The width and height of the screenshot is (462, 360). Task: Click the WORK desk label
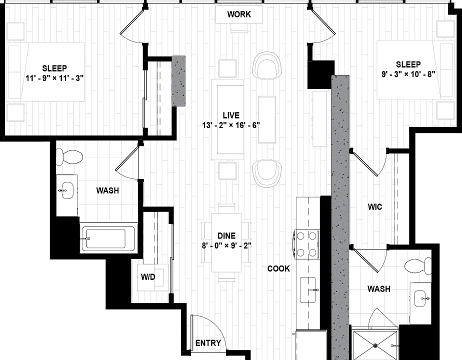coord(239,14)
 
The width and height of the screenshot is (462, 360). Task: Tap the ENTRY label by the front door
coord(208,343)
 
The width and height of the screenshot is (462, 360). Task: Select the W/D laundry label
coord(148,277)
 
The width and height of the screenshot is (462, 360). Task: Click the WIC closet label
coord(375,207)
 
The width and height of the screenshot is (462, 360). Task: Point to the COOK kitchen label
coord(278,268)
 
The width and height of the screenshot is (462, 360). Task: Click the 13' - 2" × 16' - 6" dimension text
coord(231,125)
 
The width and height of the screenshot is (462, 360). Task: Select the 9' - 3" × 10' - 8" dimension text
coord(408,74)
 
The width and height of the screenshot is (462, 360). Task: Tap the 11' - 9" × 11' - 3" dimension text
coord(54,78)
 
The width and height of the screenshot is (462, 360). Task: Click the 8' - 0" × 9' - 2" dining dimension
coord(226,245)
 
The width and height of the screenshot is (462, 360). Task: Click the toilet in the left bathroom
coord(69,156)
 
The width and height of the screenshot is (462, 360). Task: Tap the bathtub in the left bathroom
coord(108,238)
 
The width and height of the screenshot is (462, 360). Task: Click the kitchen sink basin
coord(308,290)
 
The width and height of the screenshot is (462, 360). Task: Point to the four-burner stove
coord(306,244)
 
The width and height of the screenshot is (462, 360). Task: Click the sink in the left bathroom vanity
coord(67,190)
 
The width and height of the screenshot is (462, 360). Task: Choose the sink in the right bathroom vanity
coord(421,298)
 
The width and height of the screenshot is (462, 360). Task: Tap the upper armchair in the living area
coord(267,65)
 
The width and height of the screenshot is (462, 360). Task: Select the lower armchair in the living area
coord(267,173)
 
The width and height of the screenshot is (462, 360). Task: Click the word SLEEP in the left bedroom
coord(54,68)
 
